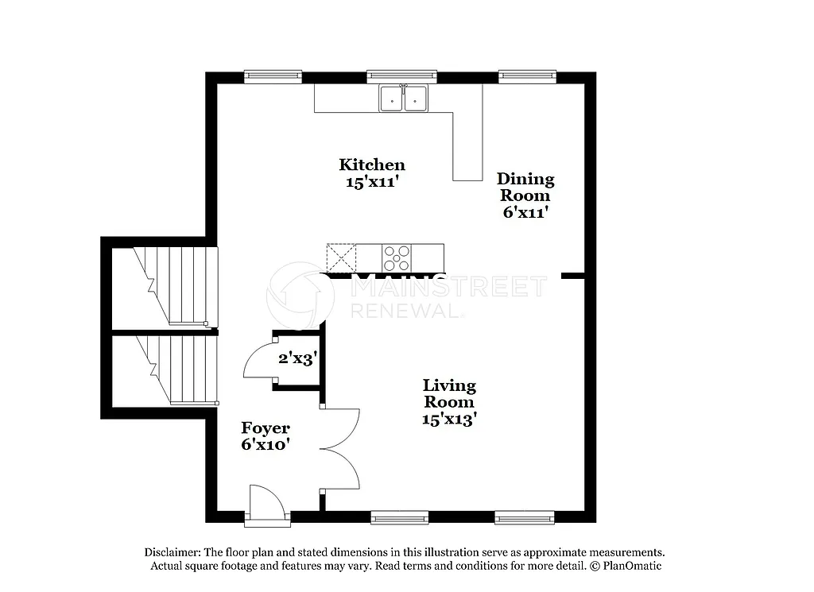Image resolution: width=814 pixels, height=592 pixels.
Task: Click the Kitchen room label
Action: tap(372, 164)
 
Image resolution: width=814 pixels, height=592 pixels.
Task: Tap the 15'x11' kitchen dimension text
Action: tap(372, 180)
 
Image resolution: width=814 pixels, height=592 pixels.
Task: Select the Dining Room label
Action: tap(525, 187)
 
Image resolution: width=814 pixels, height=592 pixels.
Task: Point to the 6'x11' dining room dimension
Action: tap(525, 212)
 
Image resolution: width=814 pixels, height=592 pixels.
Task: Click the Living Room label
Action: tap(449, 393)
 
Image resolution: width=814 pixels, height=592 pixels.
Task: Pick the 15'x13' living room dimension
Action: tap(449, 419)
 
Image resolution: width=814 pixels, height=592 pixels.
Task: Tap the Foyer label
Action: tap(266, 428)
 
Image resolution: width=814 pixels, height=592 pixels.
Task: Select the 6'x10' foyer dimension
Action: tap(266, 445)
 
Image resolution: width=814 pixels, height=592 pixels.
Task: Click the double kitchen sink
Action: tap(403, 99)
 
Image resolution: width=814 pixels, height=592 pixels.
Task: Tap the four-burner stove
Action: tap(397, 258)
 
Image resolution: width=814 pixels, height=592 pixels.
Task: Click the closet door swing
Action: tap(258, 362)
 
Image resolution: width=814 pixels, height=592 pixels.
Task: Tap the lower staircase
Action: tap(175, 370)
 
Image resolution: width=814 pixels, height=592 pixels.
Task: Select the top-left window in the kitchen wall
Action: tap(273, 76)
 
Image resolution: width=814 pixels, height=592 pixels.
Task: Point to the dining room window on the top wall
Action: tap(527, 76)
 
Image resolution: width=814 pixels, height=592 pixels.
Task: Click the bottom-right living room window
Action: tap(524, 519)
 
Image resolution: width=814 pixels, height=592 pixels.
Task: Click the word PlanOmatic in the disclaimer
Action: tap(631, 566)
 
